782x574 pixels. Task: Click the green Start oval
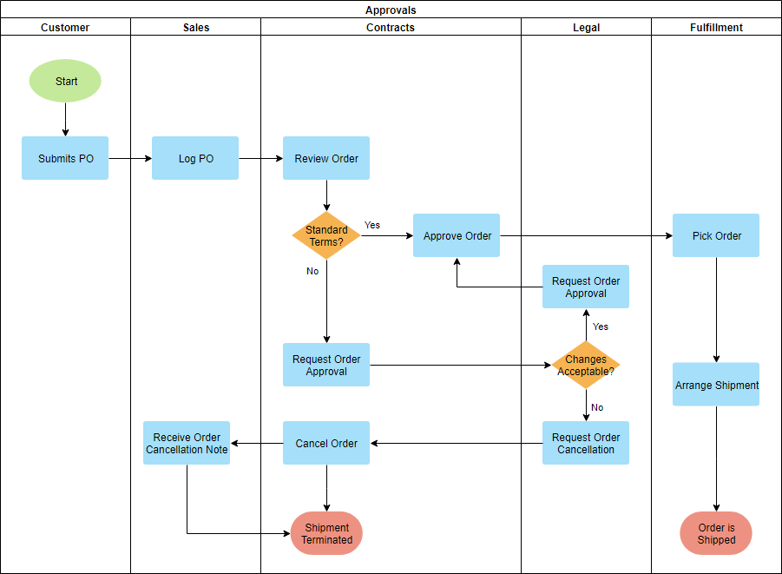[65, 82]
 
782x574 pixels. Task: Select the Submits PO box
[65, 158]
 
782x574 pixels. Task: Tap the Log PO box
[195, 158]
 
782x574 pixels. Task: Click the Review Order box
[326, 158]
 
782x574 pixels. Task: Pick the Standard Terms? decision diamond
[326, 235]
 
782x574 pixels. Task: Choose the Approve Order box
[457, 235]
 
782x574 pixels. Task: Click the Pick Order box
[716, 235]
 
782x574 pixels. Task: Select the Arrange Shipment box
[716, 385]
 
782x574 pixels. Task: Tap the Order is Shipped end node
[716, 533]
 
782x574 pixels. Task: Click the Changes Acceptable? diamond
[586, 365]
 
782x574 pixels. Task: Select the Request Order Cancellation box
[586, 443]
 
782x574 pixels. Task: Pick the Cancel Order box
[326, 443]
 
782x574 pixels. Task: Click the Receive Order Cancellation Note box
[187, 443]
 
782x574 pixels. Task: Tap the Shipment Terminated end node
[326, 533]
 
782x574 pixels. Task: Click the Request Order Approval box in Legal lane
[586, 287]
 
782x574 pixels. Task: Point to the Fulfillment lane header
[716, 27]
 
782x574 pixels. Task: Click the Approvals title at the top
[391, 10]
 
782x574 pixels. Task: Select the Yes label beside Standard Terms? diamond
[371, 225]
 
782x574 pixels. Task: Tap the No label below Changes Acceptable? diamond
[597, 407]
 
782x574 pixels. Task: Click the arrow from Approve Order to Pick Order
[586, 235]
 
